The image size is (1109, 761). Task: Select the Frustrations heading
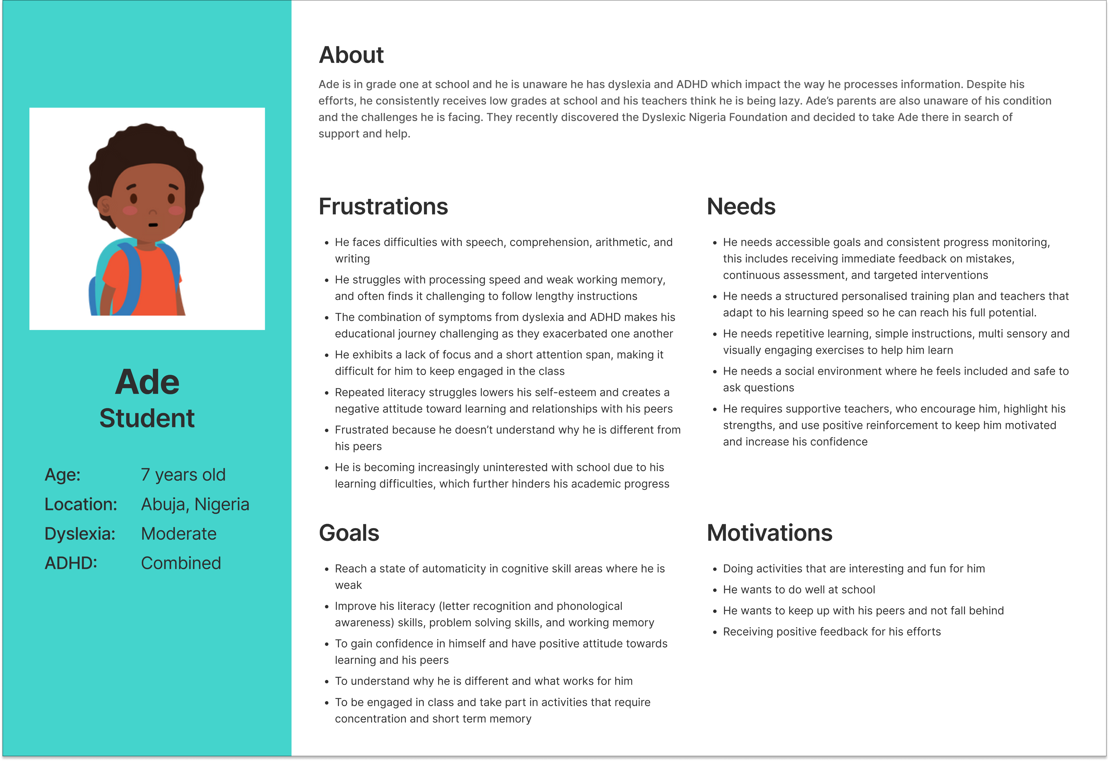383,206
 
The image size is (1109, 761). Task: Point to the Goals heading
349,533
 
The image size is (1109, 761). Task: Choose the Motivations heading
769,533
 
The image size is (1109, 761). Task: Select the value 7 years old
183,475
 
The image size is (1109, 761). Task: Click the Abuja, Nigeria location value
195,504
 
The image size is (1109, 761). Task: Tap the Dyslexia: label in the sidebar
80,533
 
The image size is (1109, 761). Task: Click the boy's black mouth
153,225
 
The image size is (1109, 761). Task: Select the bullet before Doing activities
715,569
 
